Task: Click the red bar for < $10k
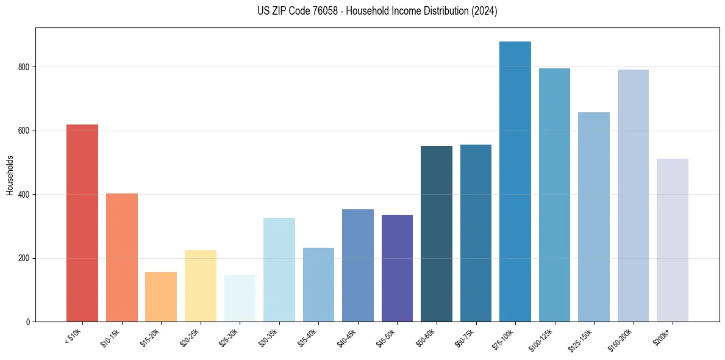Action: [82, 223]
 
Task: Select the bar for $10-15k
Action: [121, 257]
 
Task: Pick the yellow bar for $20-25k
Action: [200, 286]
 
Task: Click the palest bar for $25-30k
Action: [240, 298]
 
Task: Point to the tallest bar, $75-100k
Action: [515, 181]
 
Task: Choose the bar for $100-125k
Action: [554, 195]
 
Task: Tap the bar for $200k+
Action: [673, 240]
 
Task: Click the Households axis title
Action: [10, 175]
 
